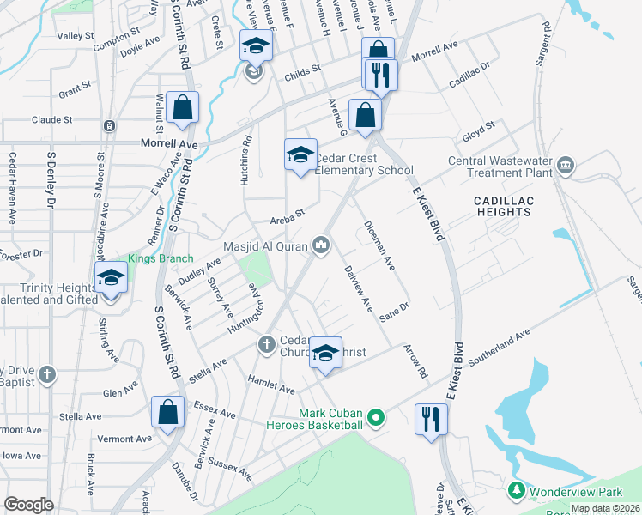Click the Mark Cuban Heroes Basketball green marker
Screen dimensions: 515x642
click(374, 419)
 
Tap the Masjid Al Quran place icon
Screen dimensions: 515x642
click(321, 246)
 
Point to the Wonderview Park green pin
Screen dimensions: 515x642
click(516, 490)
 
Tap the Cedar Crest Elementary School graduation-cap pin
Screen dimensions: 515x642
click(300, 154)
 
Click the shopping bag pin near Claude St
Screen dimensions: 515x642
click(183, 108)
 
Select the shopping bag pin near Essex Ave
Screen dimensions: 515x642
click(167, 412)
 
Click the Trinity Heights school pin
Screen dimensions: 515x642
click(111, 278)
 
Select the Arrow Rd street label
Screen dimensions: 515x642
click(415, 360)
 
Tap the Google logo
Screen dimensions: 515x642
click(29, 504)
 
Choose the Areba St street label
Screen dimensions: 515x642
click(288, 214)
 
